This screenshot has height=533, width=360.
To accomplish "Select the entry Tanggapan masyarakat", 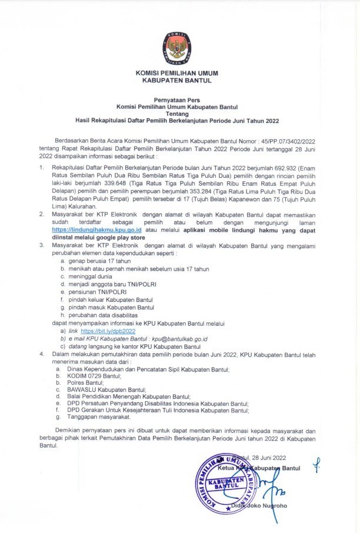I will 97,417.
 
